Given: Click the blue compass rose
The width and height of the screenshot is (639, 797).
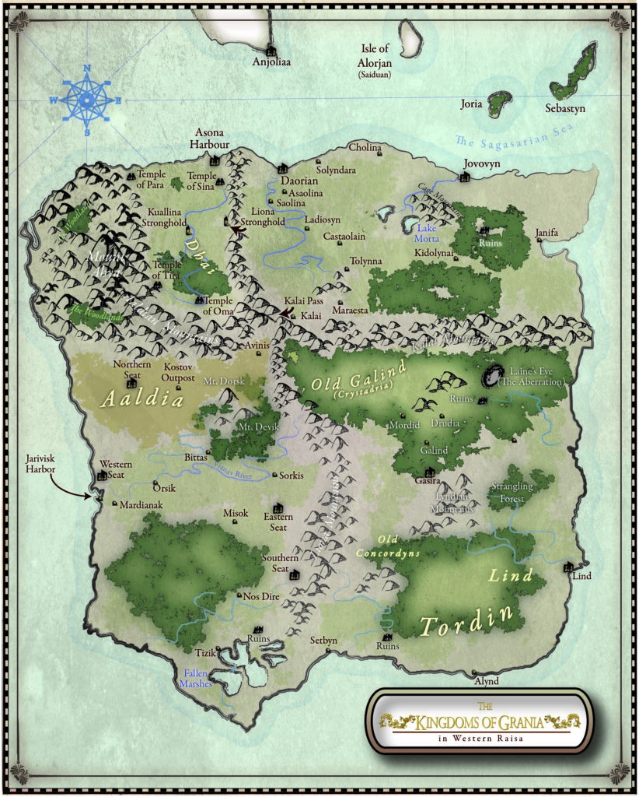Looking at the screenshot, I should tap(86, 100).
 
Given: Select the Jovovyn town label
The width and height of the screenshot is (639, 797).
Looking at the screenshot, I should tap(479, 165).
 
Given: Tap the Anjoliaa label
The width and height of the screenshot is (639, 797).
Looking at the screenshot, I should tap(271, 62).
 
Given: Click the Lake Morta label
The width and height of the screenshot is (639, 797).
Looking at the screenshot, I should tap(427, 233).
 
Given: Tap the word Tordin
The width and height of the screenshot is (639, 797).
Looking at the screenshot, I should tap(467, 620).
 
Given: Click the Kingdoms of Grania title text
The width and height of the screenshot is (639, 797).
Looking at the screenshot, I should tap(479, 722).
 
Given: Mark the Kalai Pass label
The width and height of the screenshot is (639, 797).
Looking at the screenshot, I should tap(303, 300).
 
